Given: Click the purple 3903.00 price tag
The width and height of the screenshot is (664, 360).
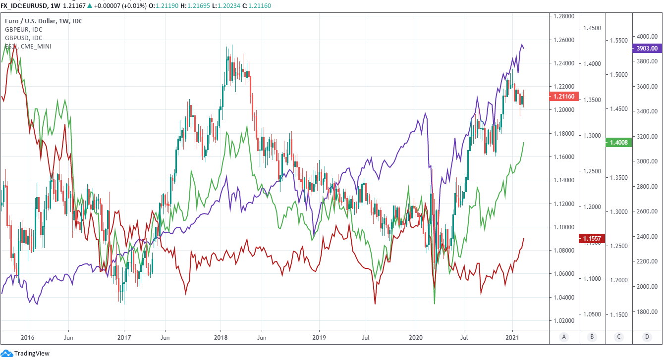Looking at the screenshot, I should click(647, 49).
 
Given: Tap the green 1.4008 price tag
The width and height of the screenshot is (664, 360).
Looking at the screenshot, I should click(619, 142).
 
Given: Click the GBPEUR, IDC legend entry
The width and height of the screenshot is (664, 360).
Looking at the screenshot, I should click(23, 30).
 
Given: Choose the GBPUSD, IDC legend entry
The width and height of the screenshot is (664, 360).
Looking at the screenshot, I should click(23, 38).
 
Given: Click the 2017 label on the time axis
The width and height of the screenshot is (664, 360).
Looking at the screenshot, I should click(124, 337).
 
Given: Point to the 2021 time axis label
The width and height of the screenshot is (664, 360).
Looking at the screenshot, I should click(512, 337).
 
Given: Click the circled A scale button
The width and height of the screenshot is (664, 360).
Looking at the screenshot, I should click(563, 337).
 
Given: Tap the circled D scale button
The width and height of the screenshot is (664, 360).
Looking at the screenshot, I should click(647, 337).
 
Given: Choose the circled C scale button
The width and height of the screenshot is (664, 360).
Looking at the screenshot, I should click(619, 337).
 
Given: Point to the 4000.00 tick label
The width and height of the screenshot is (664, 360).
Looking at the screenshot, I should click(647, 37).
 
